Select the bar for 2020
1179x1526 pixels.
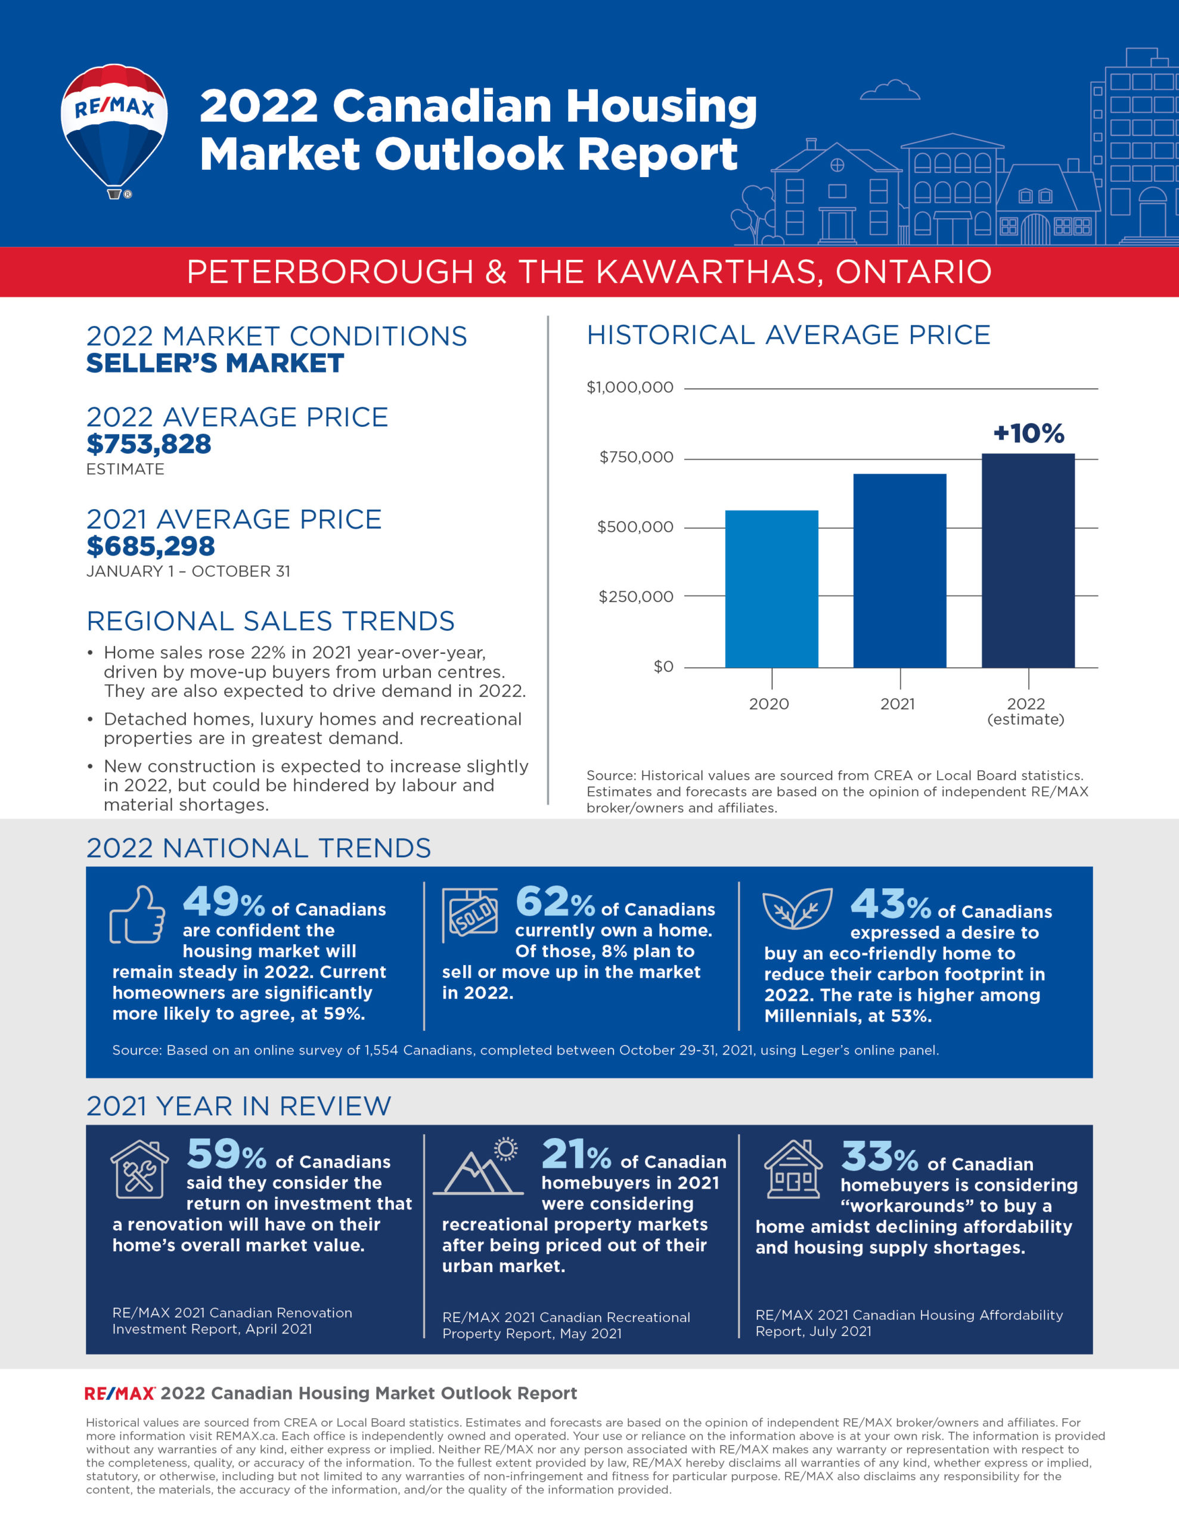pyautogui.click(x=771, y=588)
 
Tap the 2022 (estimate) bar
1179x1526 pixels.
pyautogui.click(x=1028, y=560)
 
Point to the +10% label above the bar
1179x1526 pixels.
pyautogui.click(x=1028, y=433)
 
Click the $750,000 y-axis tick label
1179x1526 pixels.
pyautogui.click(x=636, y=458)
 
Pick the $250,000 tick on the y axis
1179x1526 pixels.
pyautogui.click(x=635, y=597)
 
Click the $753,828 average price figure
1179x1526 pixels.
pyautogui.click(x=148, y=444)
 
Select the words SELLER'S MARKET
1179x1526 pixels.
pyautogui.click(x=215, y=364)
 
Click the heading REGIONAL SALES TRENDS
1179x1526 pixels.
pyautogui.click(x=270, y=621)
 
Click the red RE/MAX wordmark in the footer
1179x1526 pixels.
pyautogui.click(x=119, y=1393)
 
